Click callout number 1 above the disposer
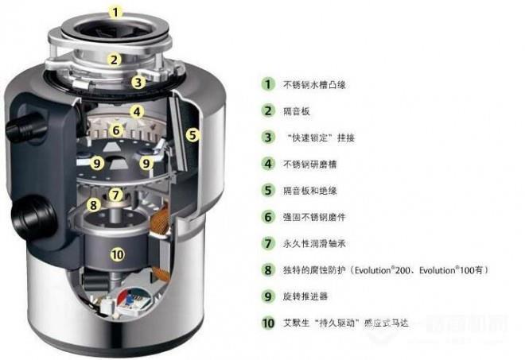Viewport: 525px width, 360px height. pyautogui.click(x=117, y=12)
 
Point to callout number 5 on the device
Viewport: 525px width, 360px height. pyautogui.click(x=192, y=135)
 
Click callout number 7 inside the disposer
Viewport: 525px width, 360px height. pyautogui.click(x=115, y=194)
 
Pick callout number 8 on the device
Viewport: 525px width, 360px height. pyautogui.click(x=94, y=205)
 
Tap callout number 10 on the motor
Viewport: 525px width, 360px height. pyautogui.click(x=117, y=255)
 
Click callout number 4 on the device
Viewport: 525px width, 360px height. pyautogui.click(x=137, y=112)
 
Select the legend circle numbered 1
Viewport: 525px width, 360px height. pyautogui.click(x=268, y=83)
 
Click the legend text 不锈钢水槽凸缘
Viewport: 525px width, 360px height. pyautogui.click(x=313, y=83)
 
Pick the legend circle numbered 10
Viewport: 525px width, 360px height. pyautogui.click(x=268, y=323)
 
